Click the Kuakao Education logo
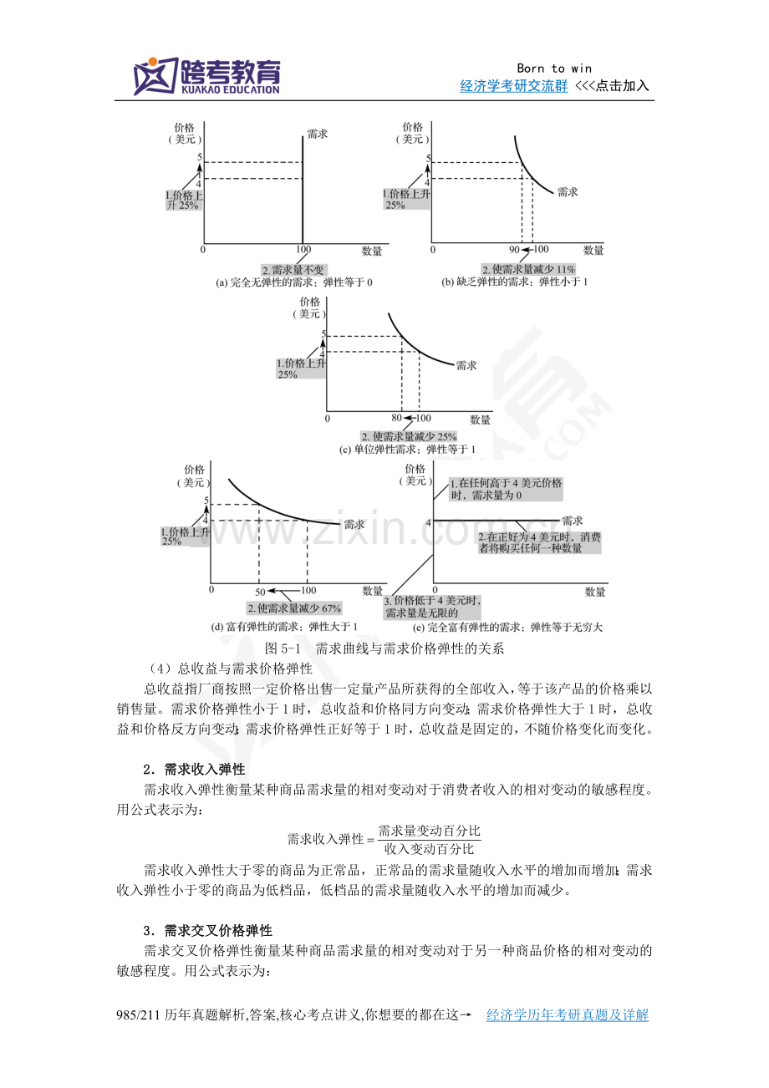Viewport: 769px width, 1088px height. (207, 76)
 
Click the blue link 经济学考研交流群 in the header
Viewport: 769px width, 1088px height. (513, 86)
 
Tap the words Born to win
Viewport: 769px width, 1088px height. (554, 68)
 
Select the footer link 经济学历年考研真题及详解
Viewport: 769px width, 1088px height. (568, 1014)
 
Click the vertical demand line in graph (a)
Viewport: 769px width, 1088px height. (303, 190)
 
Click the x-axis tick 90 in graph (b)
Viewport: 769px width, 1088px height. (514, 250)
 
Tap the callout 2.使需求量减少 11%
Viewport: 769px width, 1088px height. (528, 269)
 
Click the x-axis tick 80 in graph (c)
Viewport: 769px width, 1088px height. (396, 418)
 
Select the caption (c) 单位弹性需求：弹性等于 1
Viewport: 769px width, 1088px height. (407, 450)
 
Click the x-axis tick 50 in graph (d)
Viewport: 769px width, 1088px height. (260, 592)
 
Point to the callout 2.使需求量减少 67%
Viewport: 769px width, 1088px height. (294, 608)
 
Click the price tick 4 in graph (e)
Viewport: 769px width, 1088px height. (428, 522)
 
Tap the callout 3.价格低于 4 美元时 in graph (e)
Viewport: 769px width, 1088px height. (432, 607)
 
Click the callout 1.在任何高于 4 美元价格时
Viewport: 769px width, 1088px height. (506, 489)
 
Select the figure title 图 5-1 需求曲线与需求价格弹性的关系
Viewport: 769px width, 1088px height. (384, 648)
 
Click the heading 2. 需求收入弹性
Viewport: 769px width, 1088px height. (194, 770)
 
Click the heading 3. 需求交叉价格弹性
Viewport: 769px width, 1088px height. (207, 931)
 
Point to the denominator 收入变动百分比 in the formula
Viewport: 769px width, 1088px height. (429, 849)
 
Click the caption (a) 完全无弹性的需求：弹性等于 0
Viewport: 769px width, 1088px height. (294, 282)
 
